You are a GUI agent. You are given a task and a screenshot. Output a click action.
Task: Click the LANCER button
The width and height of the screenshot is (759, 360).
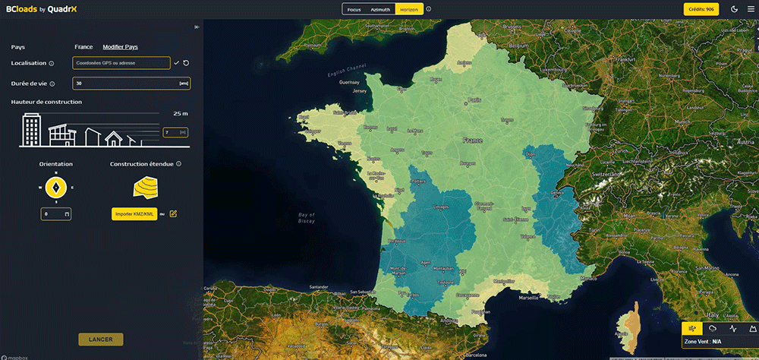pyautogui.click(x=100, y=339)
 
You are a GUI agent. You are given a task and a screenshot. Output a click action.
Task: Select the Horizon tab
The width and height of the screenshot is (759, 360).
pyautogui.click(x=409, y=9)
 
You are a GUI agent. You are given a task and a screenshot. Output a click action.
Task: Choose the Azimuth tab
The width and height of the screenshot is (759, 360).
pyautogui.click(x=380, y=9)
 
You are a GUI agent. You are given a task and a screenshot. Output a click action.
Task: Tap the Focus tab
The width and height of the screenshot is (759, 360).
pyautogui.click(x=352, y=9)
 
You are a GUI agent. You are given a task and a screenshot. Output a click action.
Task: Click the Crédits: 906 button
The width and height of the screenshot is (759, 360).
pyautogui.click(x=700, y=9)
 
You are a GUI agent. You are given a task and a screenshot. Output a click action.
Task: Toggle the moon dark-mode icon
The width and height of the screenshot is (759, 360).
pyautogui.click(x=734, y=9)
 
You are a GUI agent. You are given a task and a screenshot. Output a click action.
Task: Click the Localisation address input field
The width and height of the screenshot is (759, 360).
pyautogui.click(x=121, y=63)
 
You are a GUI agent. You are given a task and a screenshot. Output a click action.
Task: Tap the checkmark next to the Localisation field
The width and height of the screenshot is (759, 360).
pyautogui.click(x=176, y=63)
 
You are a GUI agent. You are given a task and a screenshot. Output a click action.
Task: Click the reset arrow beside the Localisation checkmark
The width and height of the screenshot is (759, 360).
pyautogui.click(x=186, y=63)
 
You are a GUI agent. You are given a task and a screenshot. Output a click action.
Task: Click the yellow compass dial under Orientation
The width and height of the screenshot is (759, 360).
pyautogui.click(x=55, y=187)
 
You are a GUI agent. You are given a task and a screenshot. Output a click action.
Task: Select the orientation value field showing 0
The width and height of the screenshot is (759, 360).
pyautogui.click(x=55, y=214)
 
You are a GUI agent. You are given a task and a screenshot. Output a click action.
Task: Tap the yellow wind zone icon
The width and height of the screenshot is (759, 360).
pyautogui.click(x=691, y=328)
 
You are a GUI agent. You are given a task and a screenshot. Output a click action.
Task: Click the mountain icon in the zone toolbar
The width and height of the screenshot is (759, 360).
pyautogui.click(x=752, y=328)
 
